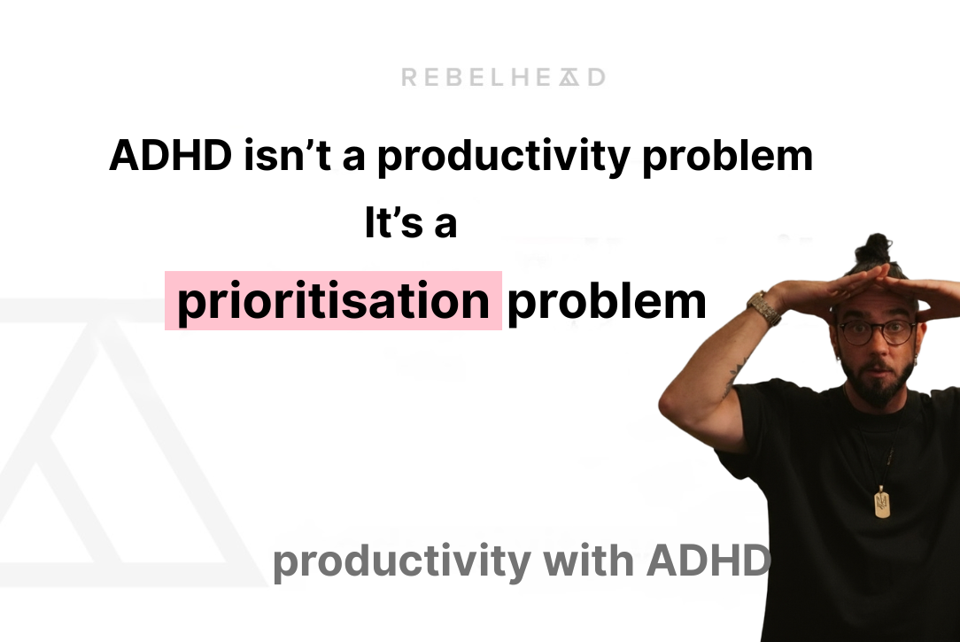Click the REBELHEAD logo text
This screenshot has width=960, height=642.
coord(503,77)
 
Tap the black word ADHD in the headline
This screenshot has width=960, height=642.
coord(170,156)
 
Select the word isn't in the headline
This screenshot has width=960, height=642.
coord(288,156)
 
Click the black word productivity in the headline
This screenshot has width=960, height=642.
coord(503,158)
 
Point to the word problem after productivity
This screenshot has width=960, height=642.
coord(727,158)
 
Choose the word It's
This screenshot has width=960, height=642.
coord(394,222)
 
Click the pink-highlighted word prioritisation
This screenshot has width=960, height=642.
coord(334,301)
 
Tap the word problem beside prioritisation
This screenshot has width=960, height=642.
coord(607,302)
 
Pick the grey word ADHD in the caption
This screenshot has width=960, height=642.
coord(708,560)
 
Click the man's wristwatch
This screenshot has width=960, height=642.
coord(764,308)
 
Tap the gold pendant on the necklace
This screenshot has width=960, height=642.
coord(882,502)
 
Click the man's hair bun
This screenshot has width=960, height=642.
coord(878,251)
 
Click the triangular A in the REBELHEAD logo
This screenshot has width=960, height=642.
coord(569,77)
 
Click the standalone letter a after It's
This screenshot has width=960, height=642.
coord(446,225)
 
